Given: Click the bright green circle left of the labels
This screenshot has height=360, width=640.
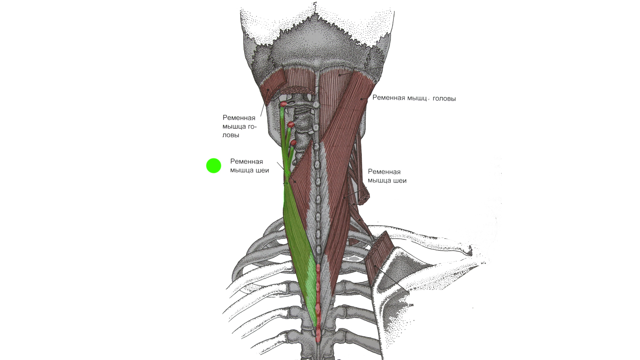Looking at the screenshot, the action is pos(214,166).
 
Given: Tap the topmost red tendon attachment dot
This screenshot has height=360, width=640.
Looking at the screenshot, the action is pos(283,104).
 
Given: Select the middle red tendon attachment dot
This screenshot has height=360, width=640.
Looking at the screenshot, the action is pos(291,125).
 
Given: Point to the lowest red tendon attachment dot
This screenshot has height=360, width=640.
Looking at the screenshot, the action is pos(293,143).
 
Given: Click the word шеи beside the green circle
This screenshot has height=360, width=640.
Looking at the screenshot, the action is pos(262,171).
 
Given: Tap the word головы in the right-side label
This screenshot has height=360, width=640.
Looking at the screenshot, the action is pos(444,99).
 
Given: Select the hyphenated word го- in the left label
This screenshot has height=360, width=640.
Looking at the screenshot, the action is pos(252,127).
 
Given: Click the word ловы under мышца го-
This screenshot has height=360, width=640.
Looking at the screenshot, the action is pos(231,135).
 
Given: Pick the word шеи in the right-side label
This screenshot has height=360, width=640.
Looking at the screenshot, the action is pos(399,181).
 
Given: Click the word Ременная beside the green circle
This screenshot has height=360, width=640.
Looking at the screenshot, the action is pos(247,162).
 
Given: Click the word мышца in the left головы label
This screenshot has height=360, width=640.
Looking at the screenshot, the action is pos(234,127).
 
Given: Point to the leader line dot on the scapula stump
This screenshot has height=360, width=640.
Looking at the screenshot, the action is pos(375,266).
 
